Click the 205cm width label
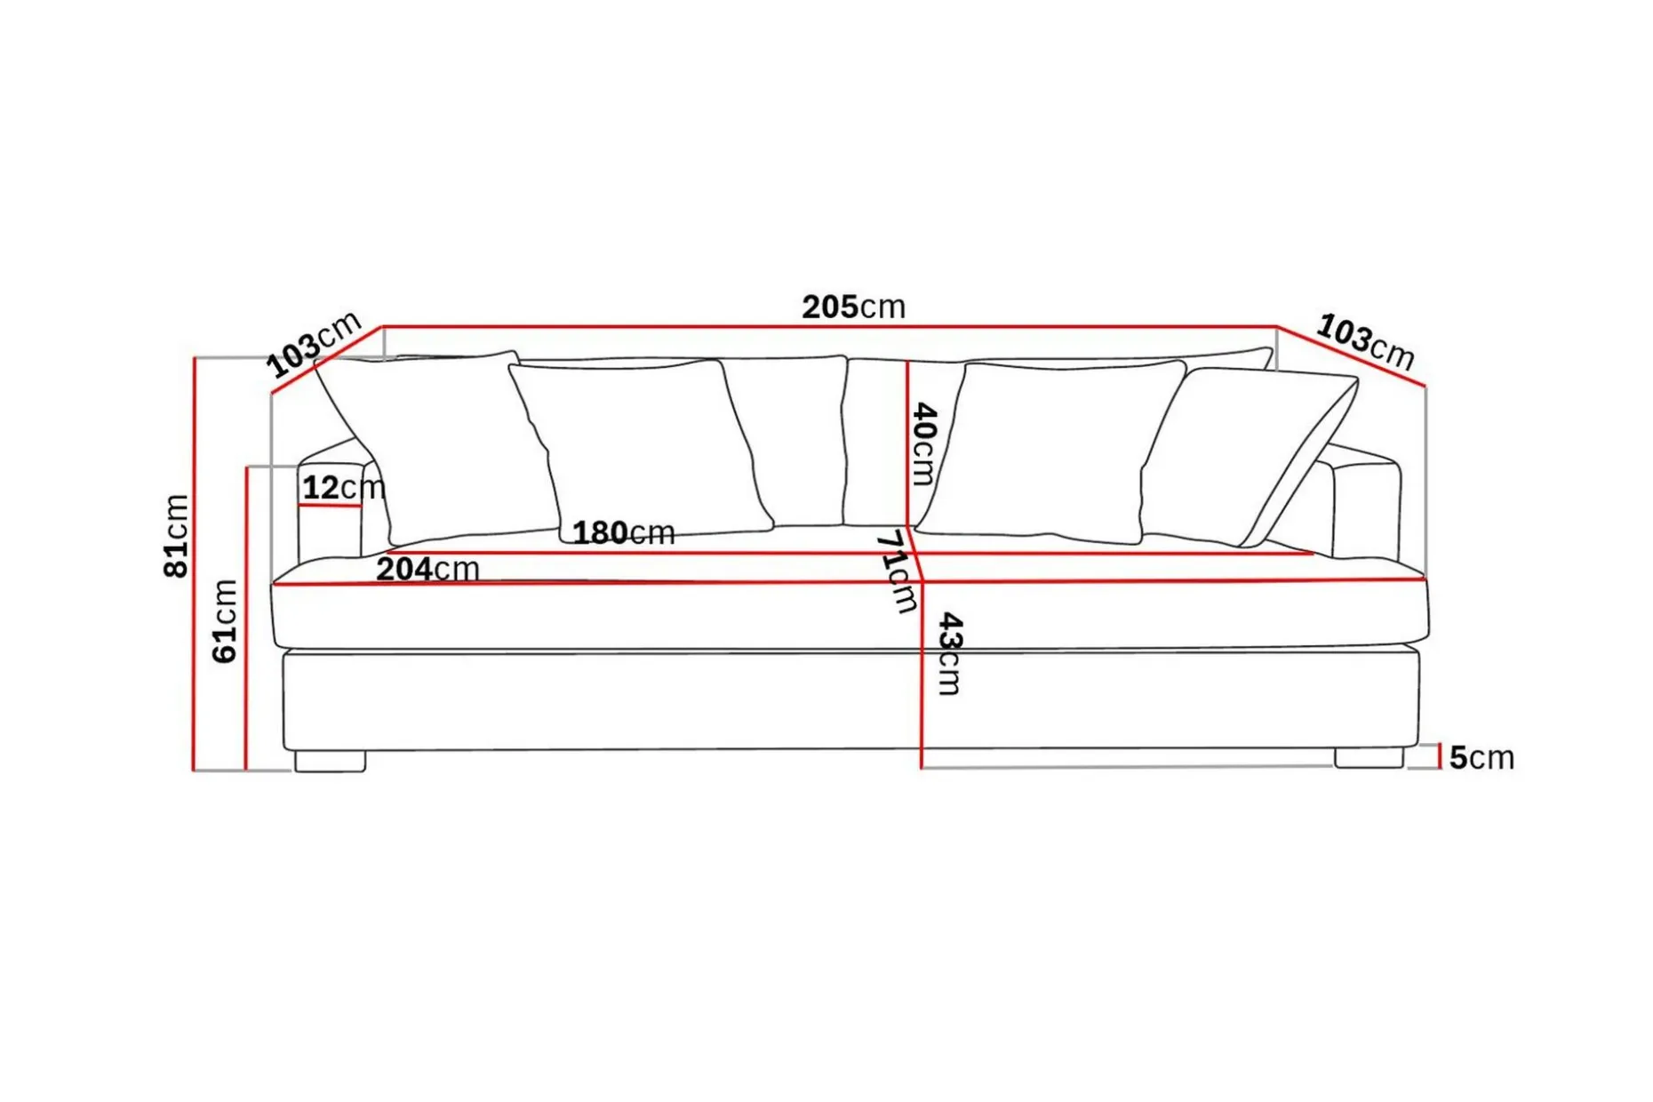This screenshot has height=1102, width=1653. pos(853,307)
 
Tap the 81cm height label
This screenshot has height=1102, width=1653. pos(176,536)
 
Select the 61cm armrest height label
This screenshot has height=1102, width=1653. pos(225,621)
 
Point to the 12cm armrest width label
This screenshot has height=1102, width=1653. pos(344,487)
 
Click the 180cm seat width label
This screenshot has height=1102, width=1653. pos(623,532)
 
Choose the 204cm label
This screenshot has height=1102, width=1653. pos(427,569)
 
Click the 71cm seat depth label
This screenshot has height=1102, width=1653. pos(896,571)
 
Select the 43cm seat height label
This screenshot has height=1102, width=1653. pos(950,653)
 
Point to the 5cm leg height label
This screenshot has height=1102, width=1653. pos(1481,757)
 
